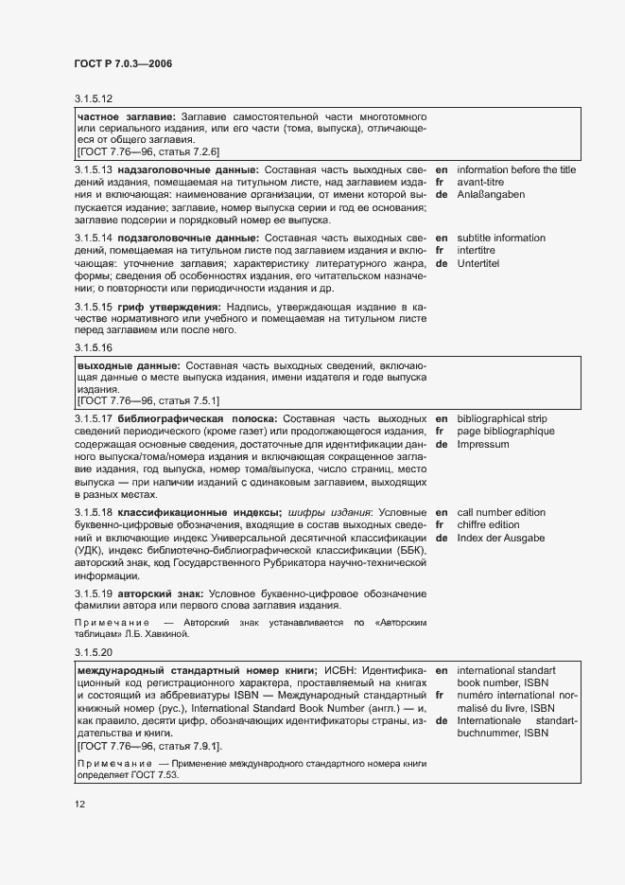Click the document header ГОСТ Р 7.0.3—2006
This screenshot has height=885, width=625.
[x=123, y=62]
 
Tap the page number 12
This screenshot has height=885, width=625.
[x=80, y=805]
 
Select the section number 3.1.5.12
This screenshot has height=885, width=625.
[x=94, y=98]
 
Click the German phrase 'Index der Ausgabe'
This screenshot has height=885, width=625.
[x=500, y=538]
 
